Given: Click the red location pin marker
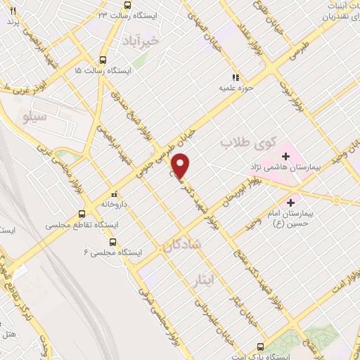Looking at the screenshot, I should click(x=181, y=165).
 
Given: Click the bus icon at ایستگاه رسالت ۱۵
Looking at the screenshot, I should click(x=104, y=60).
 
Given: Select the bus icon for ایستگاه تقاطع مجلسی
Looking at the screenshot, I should click(x=83, y=214).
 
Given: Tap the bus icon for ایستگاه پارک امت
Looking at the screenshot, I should click(x=262, y=347).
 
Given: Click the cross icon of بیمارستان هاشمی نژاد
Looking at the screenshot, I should click(x=286, y=156).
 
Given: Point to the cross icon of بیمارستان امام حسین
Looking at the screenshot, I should click(x=290, y=202).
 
